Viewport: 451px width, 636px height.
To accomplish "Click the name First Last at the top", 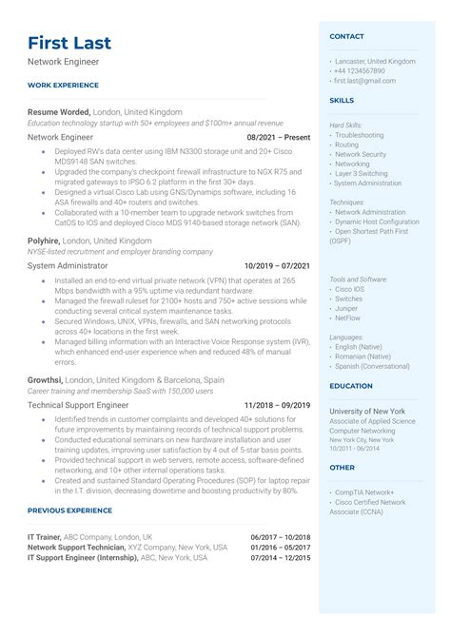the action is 69,43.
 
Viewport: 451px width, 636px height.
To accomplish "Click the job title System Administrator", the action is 69,266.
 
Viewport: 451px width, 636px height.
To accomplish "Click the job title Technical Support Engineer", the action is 78,404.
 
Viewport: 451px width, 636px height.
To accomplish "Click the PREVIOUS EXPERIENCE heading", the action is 69,511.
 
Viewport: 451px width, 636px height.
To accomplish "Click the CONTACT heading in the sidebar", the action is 346,36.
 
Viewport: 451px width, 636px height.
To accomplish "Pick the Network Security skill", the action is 361,154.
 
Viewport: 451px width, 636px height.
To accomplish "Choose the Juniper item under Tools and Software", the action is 348,308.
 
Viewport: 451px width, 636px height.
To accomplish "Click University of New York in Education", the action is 367,411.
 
